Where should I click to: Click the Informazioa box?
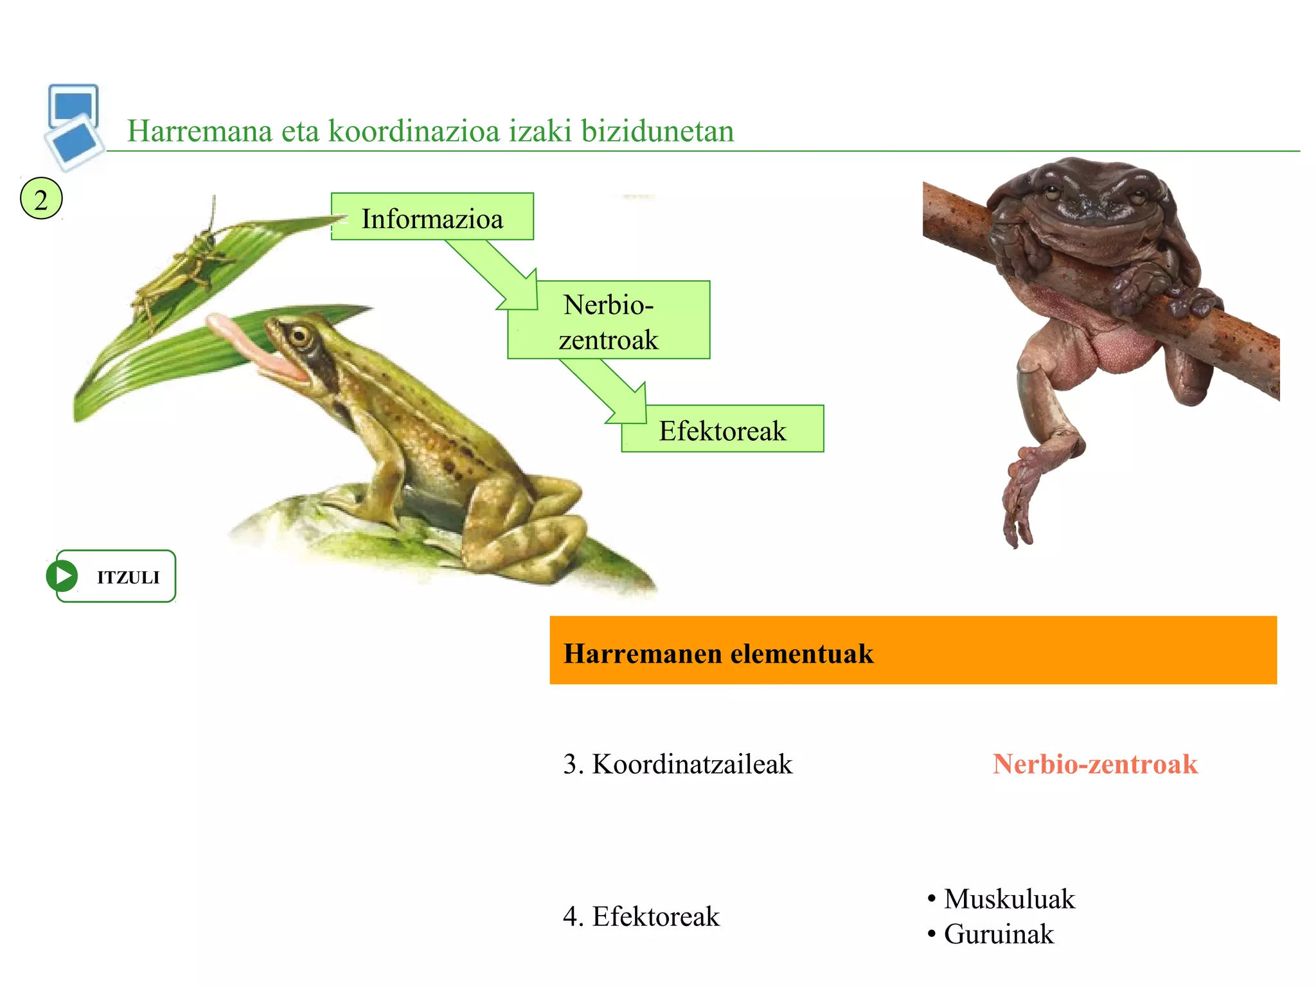(x=432, y=217)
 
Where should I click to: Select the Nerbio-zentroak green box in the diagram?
(x=609, y=321)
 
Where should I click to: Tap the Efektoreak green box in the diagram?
(x=722, y=430)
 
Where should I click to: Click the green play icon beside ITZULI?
(x=62, y=576)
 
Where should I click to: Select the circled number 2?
(x=41, y=199)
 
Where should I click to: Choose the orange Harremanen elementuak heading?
(x=912, y=650)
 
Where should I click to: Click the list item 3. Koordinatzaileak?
(x=678, y=764)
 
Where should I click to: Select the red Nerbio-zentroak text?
(x=1095, y=764)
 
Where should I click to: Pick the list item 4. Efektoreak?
(x=641, y=916)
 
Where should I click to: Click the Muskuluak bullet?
(x=1009, y=899)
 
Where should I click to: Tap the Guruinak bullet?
(x=999, y=934)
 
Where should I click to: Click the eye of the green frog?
(x=299, y=335)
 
